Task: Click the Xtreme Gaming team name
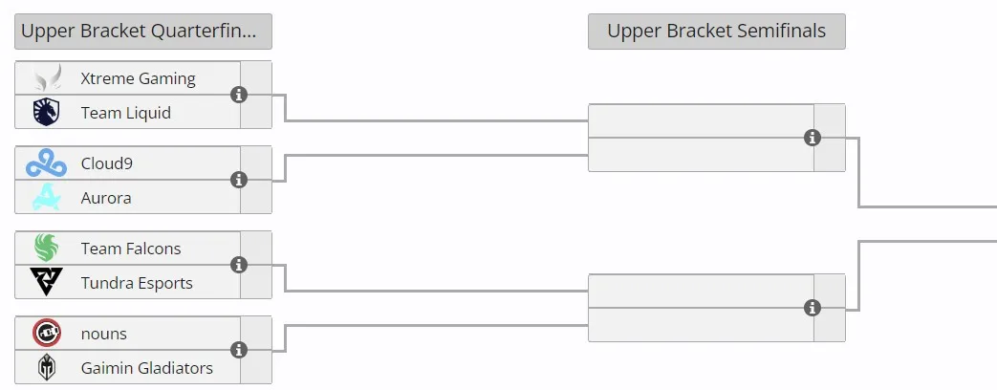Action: (x=138, y=79)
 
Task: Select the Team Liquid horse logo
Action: (x=47, y=112)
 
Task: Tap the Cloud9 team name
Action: (x=107, y=163)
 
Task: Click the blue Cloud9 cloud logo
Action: (x=47, y=162)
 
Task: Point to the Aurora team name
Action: (x=106, y=198)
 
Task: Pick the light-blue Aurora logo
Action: (x=47, y=197)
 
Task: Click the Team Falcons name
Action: (x=131, y=249)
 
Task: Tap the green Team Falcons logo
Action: (x=47, y=249)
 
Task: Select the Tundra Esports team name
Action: (x=137, y=283)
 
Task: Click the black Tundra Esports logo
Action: (x=47, y=282)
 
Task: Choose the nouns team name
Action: (x=103, y=334)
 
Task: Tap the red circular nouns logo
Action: (x=47, y=333)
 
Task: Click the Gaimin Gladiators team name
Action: (x=147, y=368)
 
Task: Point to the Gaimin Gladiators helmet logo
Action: (x=47, y=367)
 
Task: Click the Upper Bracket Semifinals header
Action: (x=717, y=32)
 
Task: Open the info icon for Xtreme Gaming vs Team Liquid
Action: (x=238, y=95)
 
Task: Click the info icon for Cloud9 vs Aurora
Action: (x=238, y=180)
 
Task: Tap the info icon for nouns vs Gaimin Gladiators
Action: (x=238, y=350)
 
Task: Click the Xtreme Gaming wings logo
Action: (x=48, y=77)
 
